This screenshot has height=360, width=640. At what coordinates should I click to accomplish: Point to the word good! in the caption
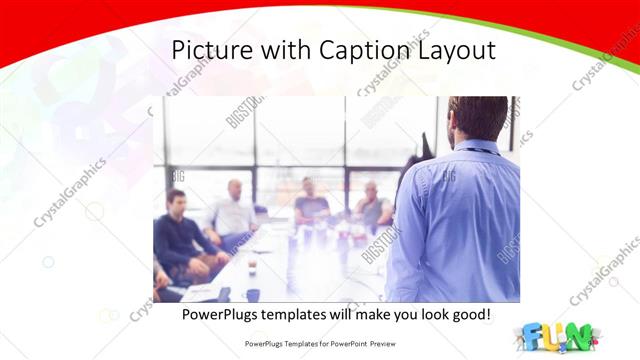(467, 315)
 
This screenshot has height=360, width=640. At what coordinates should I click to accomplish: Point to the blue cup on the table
(253, 294)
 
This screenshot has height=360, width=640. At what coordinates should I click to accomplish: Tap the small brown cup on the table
(251, 266)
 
